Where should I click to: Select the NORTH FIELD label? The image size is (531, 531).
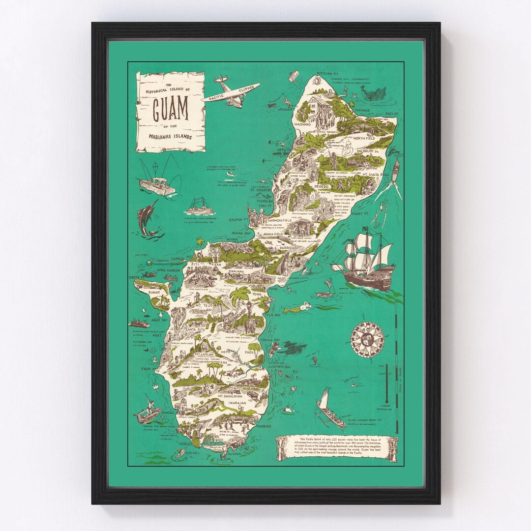pos(363,139)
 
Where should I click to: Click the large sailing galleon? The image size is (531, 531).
pos(364,260)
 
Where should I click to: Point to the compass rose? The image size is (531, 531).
pos(367,338)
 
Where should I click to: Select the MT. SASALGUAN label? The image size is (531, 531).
pos(234,395)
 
